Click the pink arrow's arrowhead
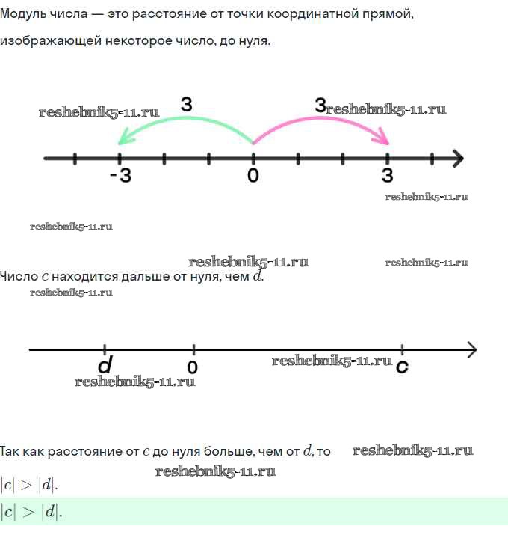[x=381, y=138]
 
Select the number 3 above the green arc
[x=187, y=104]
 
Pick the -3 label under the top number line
[x=121, y=175]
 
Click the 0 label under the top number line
[x=253, y=175]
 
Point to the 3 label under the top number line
[x=387, y=175]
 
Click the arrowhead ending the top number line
[x=458, y=159]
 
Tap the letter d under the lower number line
[x=105, y=365]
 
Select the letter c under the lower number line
[x=402, y=367]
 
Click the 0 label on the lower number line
[x=193, y=367]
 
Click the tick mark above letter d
[x=105, y=349]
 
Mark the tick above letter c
[x=402, y=349]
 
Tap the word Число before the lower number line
[x=19, y=276]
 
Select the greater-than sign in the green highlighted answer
[x=28, y=512]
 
